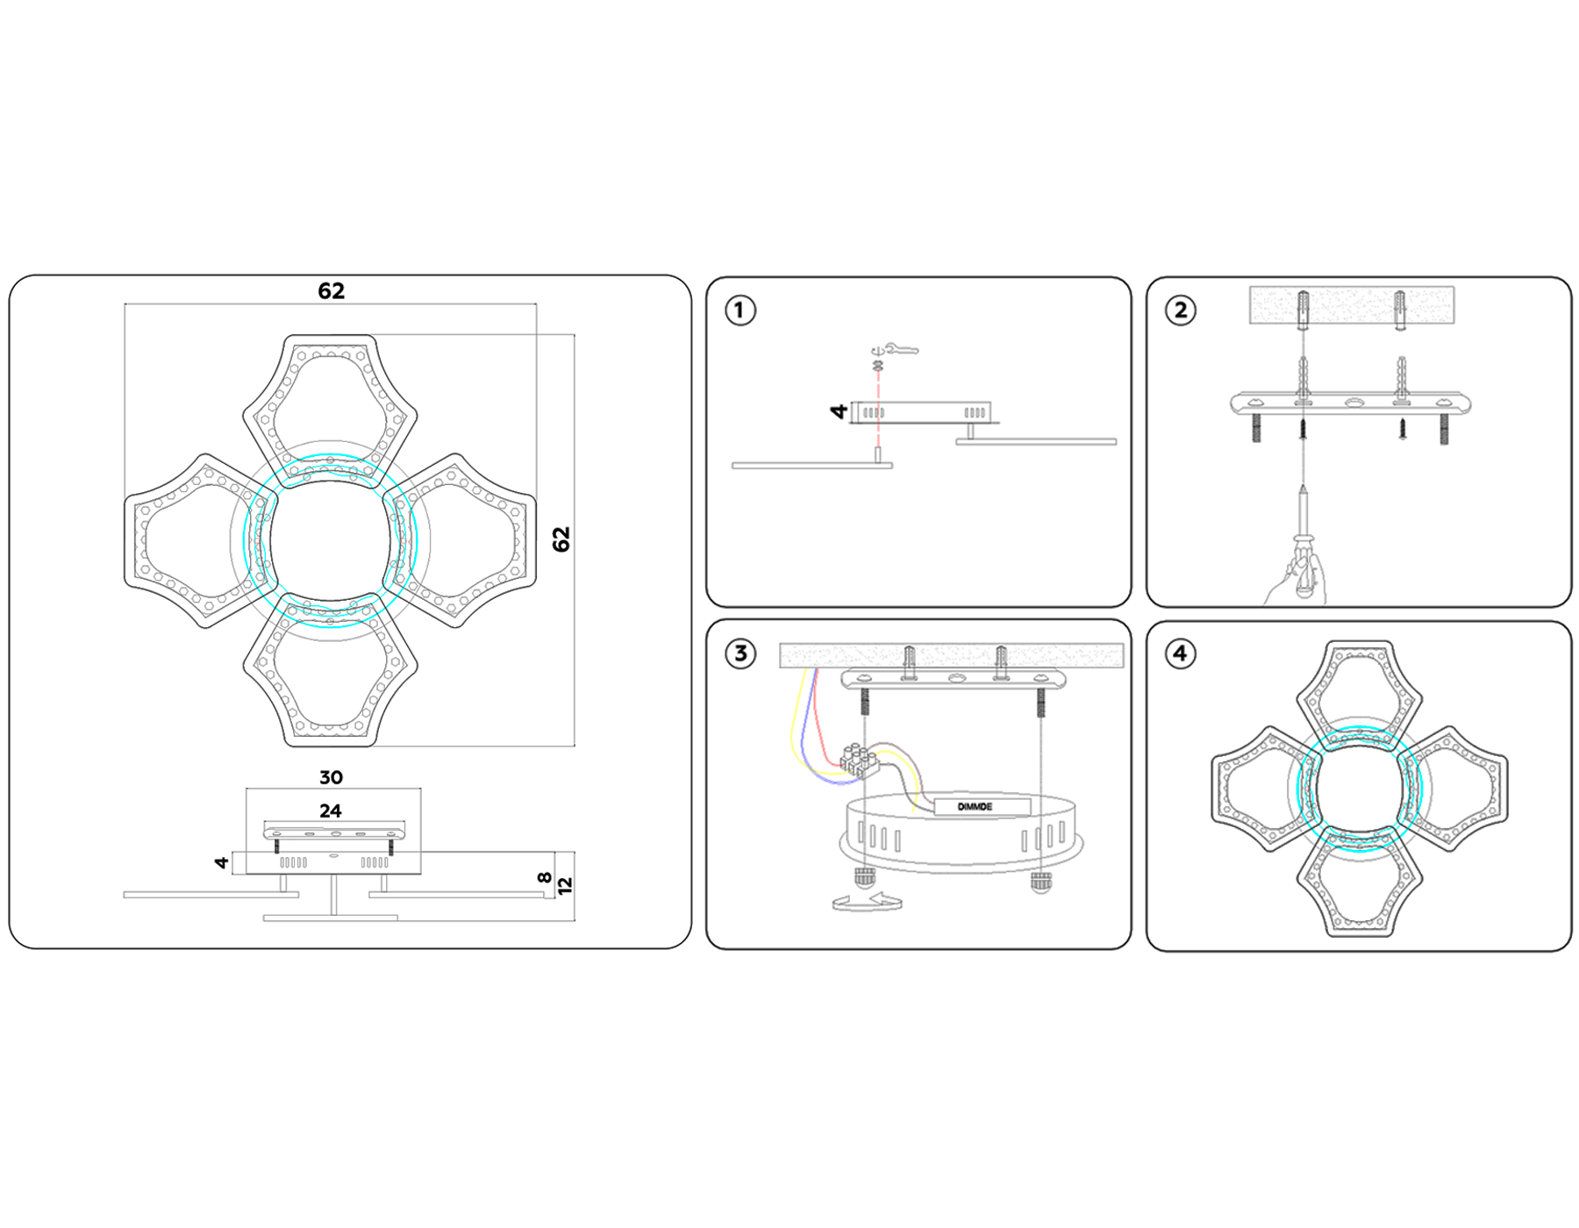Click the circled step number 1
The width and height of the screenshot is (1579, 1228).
[x=739, y=311]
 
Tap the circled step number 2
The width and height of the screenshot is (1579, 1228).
[x=1180, y=311]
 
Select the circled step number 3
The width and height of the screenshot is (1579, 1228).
[x=740, y=653]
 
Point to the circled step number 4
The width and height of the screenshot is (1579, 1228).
[x=1180, y=653]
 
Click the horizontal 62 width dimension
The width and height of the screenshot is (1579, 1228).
[x=331, y=291]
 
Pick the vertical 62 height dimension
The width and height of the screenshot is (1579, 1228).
[x=561, y=539]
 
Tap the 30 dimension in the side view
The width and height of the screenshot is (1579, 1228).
[x=331, y=777]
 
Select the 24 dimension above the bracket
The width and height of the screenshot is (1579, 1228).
[x=331, y=810]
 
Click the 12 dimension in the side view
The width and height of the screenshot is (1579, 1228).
[x=565, y=886]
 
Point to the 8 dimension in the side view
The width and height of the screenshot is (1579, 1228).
[x=545, y=877]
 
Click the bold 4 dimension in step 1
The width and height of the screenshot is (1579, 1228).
[x=840, y=411]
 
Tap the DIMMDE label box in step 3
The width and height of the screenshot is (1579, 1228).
[x=982, y=807]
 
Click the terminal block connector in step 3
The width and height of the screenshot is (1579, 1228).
[x=859, y=758]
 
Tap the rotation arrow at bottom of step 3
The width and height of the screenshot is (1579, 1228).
[x=867, y=903]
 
